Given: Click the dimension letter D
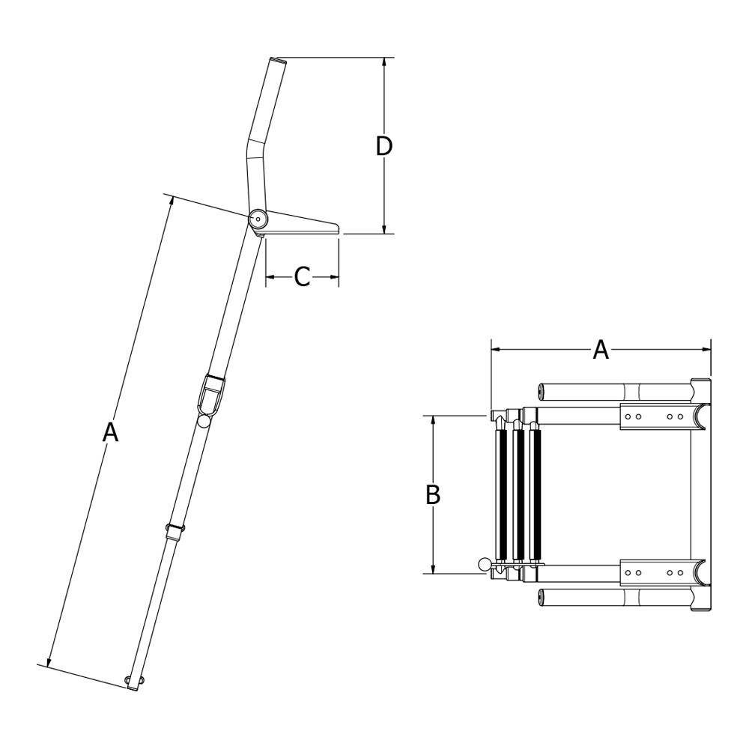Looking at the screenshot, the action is point(383,146).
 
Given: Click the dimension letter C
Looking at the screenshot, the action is point(302,276).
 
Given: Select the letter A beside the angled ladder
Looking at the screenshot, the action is point(110,432).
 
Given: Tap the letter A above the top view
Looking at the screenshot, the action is point(601,349).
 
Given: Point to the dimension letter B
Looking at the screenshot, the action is point(433,494).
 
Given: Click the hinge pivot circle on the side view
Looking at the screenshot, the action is point(258,219).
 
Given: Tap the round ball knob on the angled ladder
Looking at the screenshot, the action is point(204,421).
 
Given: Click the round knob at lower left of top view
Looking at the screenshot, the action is point(484,565).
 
